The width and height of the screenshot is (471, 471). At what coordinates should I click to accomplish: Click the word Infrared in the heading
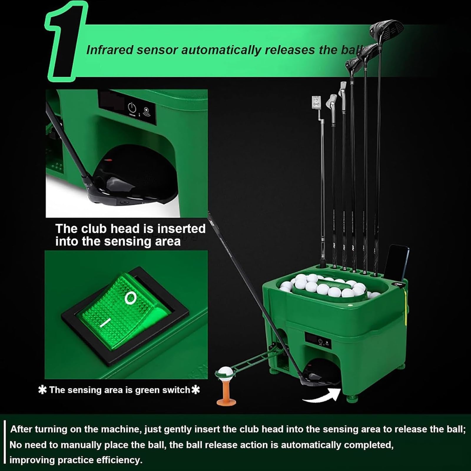click(110, 50)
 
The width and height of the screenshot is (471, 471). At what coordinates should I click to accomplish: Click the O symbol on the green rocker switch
click(130, 298)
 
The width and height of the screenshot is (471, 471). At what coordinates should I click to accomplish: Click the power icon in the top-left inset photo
click(132, 108)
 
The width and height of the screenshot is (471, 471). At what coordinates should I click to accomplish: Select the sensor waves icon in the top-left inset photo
click(147, 112)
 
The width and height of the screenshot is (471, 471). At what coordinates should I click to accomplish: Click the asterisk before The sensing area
click(43, 390)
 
